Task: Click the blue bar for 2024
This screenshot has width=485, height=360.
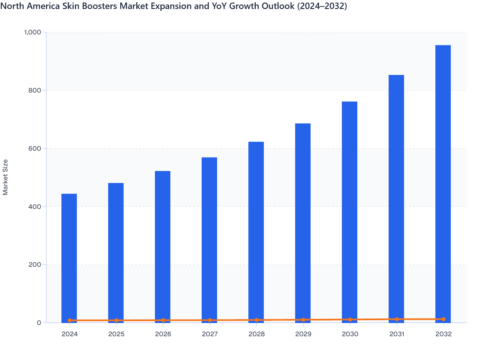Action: click(x=69, y=257)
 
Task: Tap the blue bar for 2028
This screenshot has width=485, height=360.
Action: click(x=256, y=231)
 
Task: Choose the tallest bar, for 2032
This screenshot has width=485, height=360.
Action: click(x=443, y=183)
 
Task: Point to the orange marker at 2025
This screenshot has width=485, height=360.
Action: click(x=116, y=320)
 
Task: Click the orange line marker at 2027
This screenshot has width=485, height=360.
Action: click(x=210, y=320)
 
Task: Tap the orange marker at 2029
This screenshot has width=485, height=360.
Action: click(x=303, y=320)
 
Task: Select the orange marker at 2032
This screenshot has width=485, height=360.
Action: click(x=444, y=319)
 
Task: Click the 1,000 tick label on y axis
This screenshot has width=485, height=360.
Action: click(x=33, y=32)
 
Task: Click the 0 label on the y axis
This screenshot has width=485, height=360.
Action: click(x=39, y=323)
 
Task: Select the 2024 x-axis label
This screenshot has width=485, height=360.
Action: click(x=70, y=334)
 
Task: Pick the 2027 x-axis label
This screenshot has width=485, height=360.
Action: click(x=210, y=334)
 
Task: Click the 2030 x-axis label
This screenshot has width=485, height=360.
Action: click(x=350, y=334)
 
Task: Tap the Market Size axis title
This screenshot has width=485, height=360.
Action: click(x=5, y=177)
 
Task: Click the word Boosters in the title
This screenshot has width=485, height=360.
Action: click(x=92, y=6)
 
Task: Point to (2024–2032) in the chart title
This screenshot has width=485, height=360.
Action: click(x=322, y=6)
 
